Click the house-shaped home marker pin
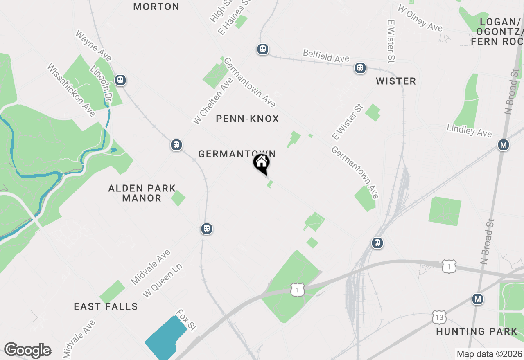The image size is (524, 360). (261, 163)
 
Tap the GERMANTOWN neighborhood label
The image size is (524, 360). (237, 154)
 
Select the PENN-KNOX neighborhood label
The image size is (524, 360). (247, 119)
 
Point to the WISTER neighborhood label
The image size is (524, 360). (396, 81)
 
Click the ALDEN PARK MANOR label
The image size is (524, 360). (142, 193)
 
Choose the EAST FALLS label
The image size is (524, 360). (106, 306)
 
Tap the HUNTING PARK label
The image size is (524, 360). (477, 331)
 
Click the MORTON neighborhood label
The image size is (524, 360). (156, 7)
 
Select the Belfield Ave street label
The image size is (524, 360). (326, 56)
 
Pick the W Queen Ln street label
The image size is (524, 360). (162, 280)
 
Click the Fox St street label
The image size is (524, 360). (186, 319)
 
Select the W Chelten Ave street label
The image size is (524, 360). (213, 101)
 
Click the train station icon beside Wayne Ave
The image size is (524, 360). (120, 80)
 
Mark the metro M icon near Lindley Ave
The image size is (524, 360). (503, 145)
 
